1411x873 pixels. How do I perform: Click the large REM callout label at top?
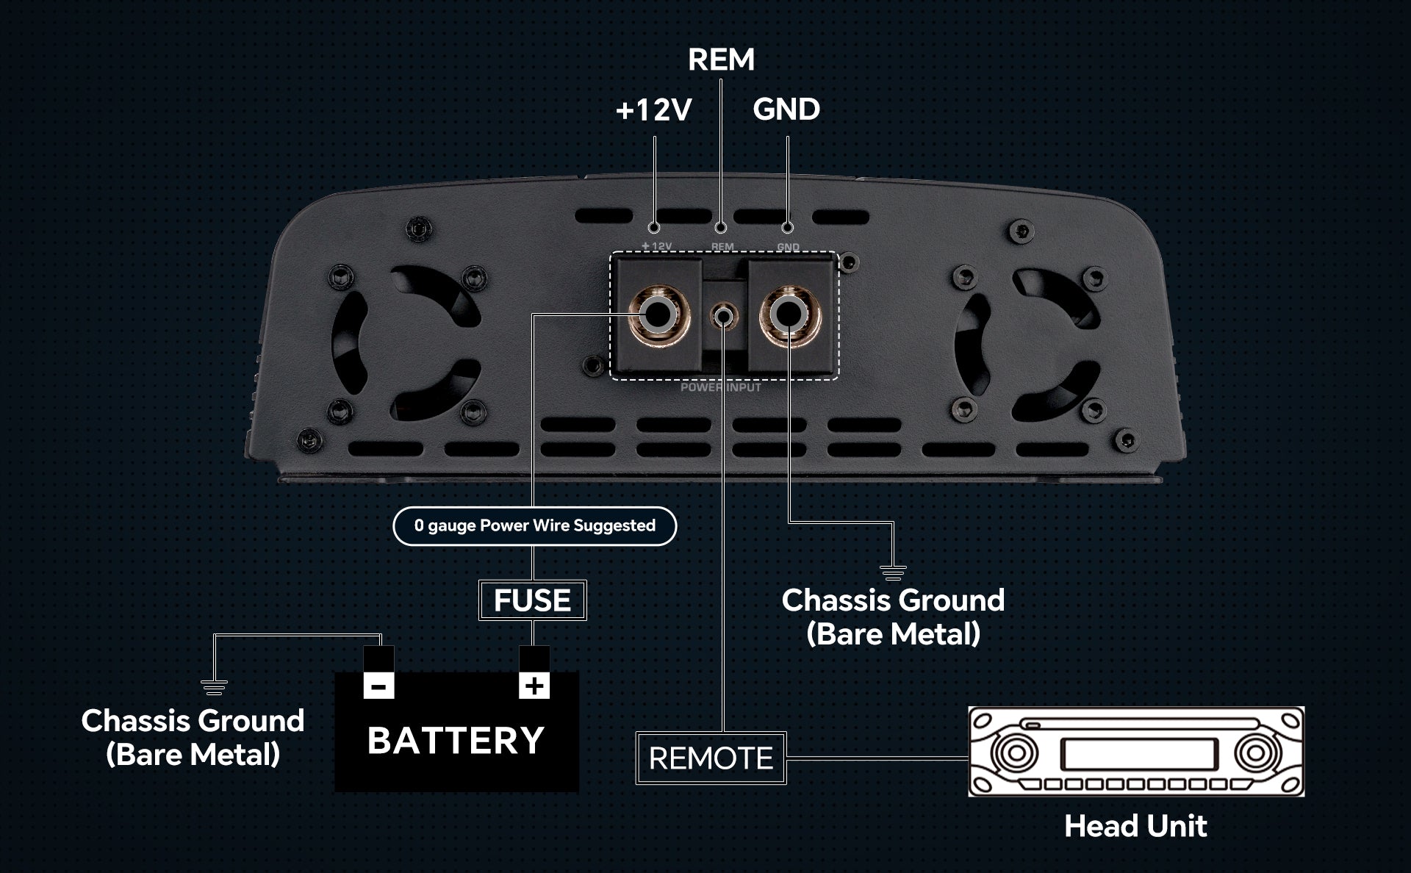(x=721, y=60)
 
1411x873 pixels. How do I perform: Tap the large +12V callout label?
(x=653, y=110)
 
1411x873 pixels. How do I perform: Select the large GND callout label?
(x=786, y=109)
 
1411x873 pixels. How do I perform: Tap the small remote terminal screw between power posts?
(x=723, y=317)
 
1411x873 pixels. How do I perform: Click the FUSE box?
(x=532, y=600)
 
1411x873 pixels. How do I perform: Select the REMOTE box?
(x=711, y=758)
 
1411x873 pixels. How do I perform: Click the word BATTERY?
(x=456, y=740)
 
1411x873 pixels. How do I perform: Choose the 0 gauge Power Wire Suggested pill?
(x=534, y=525)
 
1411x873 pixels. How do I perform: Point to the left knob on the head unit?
(x=1015, y=753)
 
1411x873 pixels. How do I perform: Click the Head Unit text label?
(x=1135, y=826)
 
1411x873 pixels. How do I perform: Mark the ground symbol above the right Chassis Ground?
(x=893, y=572)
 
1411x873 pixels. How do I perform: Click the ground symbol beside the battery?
(x=214, y=687)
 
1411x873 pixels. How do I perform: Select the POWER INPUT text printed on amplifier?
(x=720, y=387)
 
